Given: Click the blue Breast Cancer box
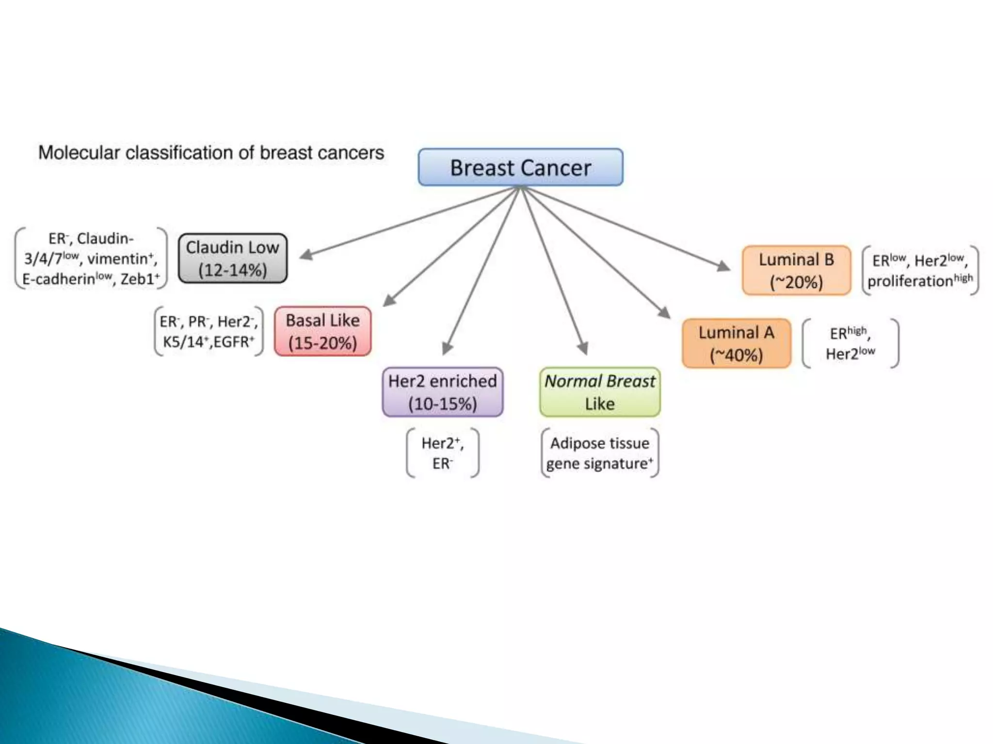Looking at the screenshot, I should click(520, 168).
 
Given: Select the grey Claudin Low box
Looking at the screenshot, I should click(233, 259).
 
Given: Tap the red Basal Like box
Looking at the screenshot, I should click(323, 332).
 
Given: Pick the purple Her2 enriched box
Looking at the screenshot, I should click(442, 392).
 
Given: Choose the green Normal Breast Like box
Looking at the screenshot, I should click(600, 392).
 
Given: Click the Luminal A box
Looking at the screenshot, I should click(736, 343).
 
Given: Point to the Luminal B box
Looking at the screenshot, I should click(796, 271).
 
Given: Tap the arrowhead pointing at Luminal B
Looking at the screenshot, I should click(723, 265).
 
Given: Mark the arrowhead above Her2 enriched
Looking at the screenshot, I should click(447, 348).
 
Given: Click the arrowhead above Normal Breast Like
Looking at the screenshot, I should click(583, 348).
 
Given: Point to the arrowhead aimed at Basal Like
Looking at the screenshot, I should click(389, 300).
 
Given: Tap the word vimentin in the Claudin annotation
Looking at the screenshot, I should click(117, 259).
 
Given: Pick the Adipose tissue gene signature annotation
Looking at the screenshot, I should click(600, 453).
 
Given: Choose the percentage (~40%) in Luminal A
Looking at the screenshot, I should click(736, 356).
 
